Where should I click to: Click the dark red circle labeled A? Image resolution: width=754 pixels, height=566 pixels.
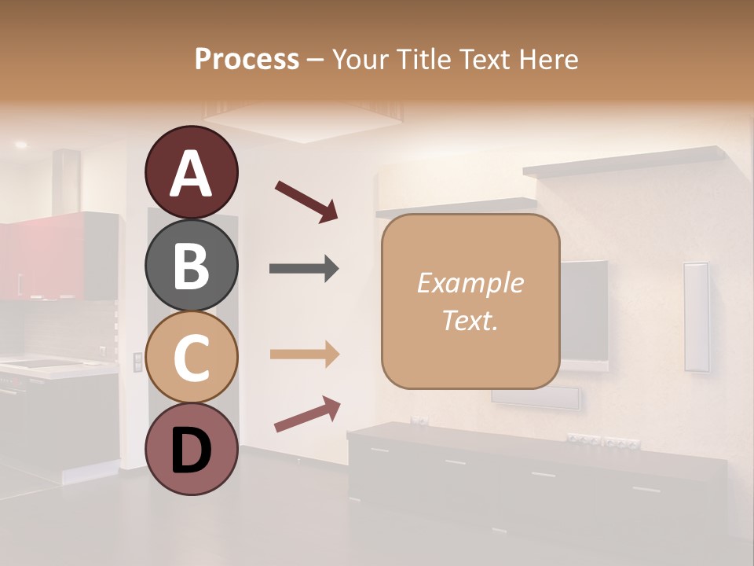191,172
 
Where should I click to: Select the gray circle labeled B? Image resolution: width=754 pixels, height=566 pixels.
191,265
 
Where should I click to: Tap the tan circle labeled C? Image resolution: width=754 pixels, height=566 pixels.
191,358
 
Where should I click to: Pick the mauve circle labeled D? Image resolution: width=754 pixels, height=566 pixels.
191,450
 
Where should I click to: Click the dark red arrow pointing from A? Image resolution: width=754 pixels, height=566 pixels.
306,200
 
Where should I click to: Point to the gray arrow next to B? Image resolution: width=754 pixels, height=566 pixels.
304,269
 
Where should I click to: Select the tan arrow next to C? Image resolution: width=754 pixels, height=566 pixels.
304,354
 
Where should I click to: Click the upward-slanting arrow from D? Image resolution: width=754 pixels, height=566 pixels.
307,413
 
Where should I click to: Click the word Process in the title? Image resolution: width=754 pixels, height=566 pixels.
247,60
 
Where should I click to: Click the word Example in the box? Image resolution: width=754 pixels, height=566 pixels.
470,283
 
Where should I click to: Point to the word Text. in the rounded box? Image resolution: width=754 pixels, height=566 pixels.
470,320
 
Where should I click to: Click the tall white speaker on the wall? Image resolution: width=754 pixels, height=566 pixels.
696,316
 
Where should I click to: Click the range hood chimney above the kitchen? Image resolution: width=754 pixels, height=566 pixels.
67,181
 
